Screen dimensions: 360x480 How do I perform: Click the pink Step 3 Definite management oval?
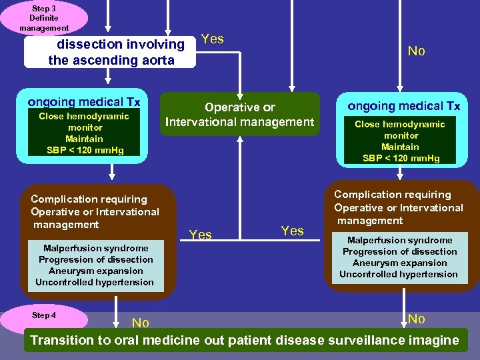(x=43, y=17)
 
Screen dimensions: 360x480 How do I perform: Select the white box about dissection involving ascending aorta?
(x=111, y=52)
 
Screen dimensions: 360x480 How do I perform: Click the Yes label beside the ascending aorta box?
(x=212, y=39)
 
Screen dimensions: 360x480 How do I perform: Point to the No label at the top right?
(x=416, y=51)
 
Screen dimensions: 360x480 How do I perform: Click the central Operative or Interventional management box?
(x=239, y=115)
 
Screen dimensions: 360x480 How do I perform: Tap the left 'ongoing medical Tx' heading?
(x=84, y=102)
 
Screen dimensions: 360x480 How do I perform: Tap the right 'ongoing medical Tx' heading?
(x=403, y=106)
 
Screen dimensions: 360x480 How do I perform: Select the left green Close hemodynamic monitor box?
(x=85, y=133)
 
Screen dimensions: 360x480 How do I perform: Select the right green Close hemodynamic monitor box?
(x=400, y=141)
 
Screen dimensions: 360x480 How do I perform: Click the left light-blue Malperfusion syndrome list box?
(x=95, y=265)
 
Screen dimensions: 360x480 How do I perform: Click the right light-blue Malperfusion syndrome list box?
(x=399, y=257)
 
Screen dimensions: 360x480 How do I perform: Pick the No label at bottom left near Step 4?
(x=140, y=323)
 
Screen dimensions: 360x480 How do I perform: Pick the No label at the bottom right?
(x=416, y=319)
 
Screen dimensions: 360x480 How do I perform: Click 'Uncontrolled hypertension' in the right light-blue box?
(x=399, y=274)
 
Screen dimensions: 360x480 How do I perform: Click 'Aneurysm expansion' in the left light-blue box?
(x=95, y=271)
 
